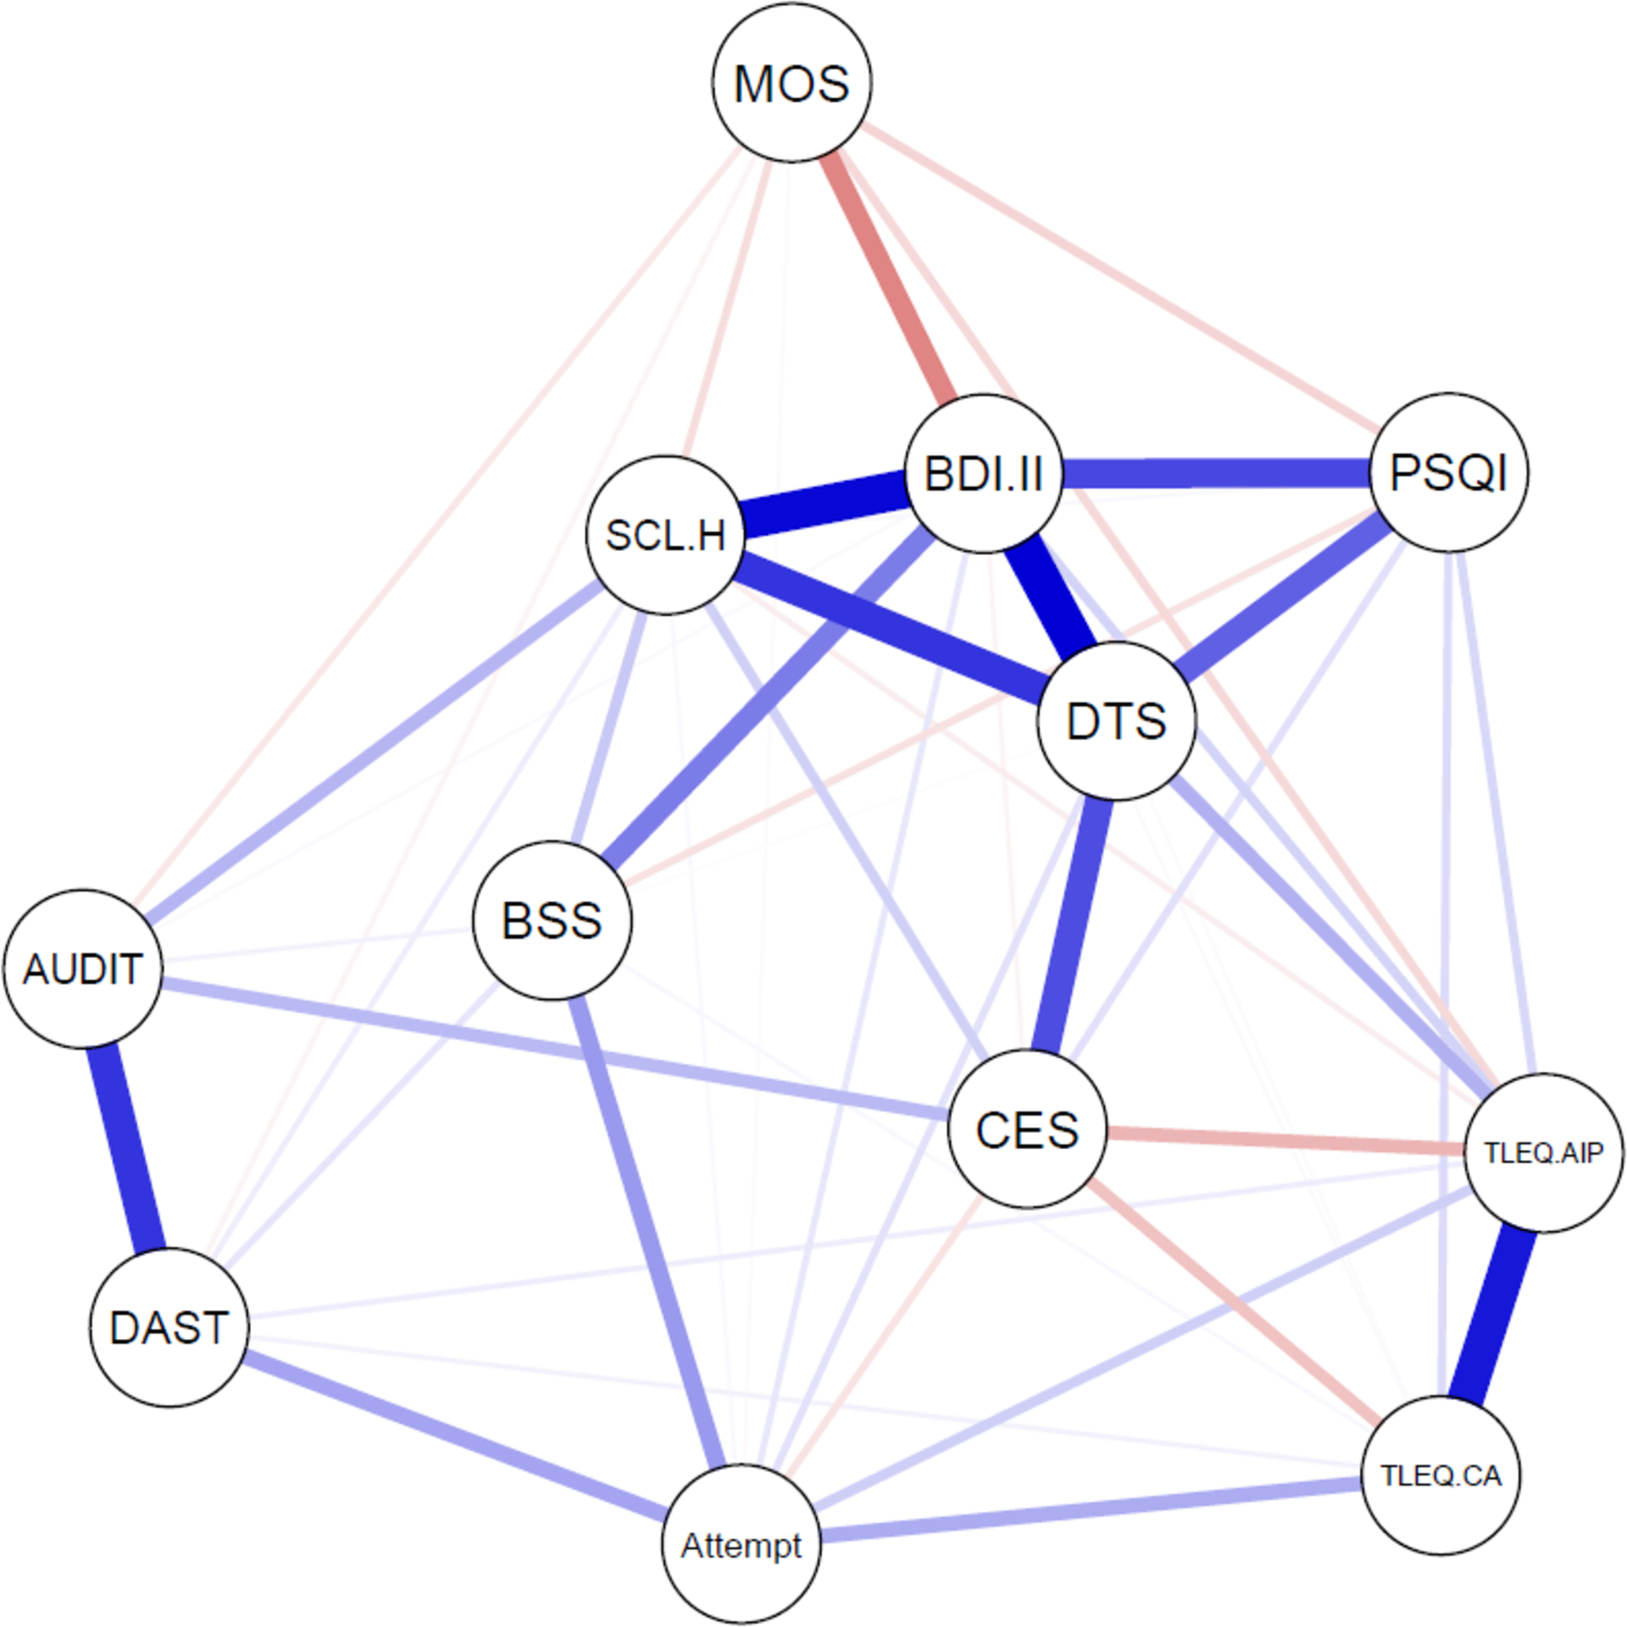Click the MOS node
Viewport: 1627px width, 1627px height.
point(791,83)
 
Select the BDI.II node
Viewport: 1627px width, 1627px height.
point(983,473)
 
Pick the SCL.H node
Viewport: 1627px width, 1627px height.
point(666,535)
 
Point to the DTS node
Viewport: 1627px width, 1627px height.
point(1117,720)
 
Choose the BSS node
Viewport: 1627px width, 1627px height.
point(552,920)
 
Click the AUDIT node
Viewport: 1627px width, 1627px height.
point(82,969)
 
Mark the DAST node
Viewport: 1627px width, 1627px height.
point(169,1327)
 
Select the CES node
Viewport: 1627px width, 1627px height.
point(1027,1129)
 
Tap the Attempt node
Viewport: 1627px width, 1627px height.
point(741,1546)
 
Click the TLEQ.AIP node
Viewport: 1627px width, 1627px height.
point(1544,1152)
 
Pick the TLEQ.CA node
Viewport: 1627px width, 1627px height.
point(1441,1476)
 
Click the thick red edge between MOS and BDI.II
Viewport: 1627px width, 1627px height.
point(890,275)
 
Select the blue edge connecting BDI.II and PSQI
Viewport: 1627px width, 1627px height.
point(1216,473)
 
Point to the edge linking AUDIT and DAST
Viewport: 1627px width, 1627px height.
point(127,1148)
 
